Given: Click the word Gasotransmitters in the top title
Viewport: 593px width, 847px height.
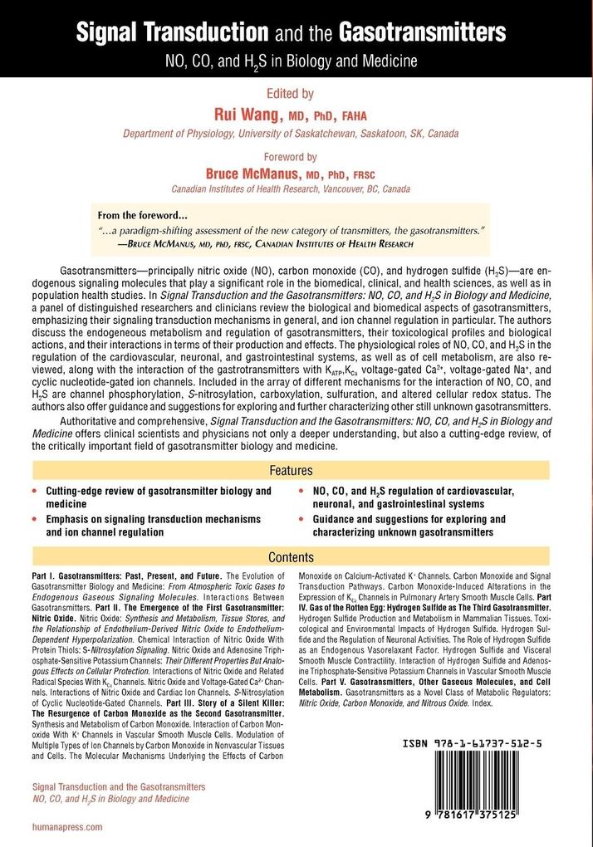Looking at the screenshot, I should click(426, 33).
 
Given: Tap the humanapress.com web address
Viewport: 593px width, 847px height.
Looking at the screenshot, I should click(66, 827).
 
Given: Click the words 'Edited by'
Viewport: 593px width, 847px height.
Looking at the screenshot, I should click(296, 95).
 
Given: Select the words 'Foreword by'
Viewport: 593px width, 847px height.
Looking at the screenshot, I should click(296, 155).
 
